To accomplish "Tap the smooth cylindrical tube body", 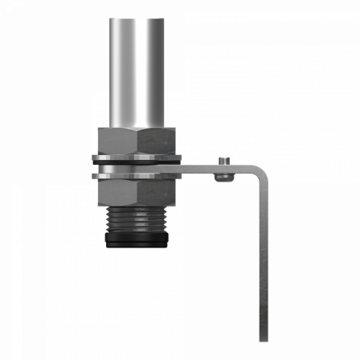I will [137, 72].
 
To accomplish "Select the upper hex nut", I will [136, 141].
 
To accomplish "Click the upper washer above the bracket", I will [137, 157].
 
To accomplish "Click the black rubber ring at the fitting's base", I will [137, 240].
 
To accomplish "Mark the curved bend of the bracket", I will [258, 172].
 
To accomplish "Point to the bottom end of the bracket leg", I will [263, 337].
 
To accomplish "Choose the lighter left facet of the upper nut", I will [117, 141].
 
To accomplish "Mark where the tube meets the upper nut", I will [137, 127].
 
